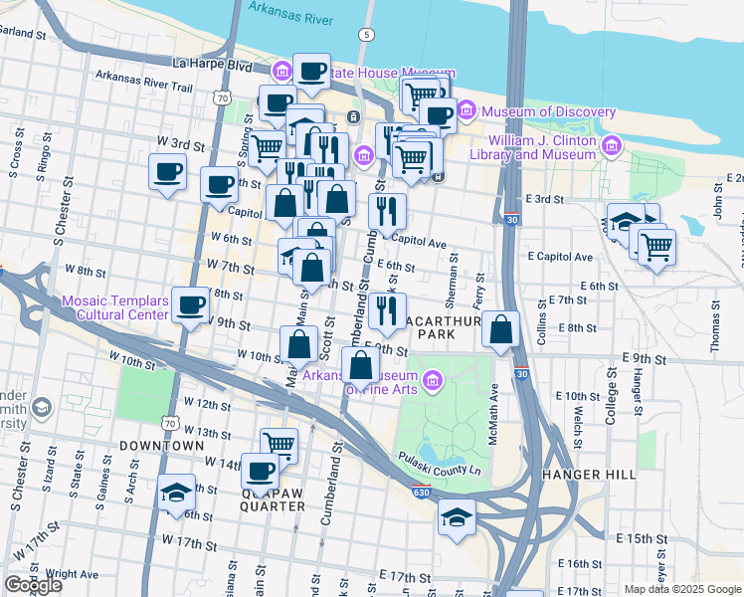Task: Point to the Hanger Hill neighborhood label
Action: coord(589,475)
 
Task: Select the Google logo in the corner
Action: coord(33,585)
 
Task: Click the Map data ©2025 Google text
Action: coord(681,589)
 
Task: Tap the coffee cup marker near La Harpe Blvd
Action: coord(311,72)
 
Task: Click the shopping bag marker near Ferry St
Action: coord(501,330)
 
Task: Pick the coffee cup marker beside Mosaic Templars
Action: coord(189,305)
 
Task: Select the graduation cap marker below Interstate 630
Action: coord(457,517)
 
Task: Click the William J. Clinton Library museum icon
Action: coord(611,148)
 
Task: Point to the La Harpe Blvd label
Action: coord(212,64)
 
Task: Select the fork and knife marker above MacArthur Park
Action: coord(387,310)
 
